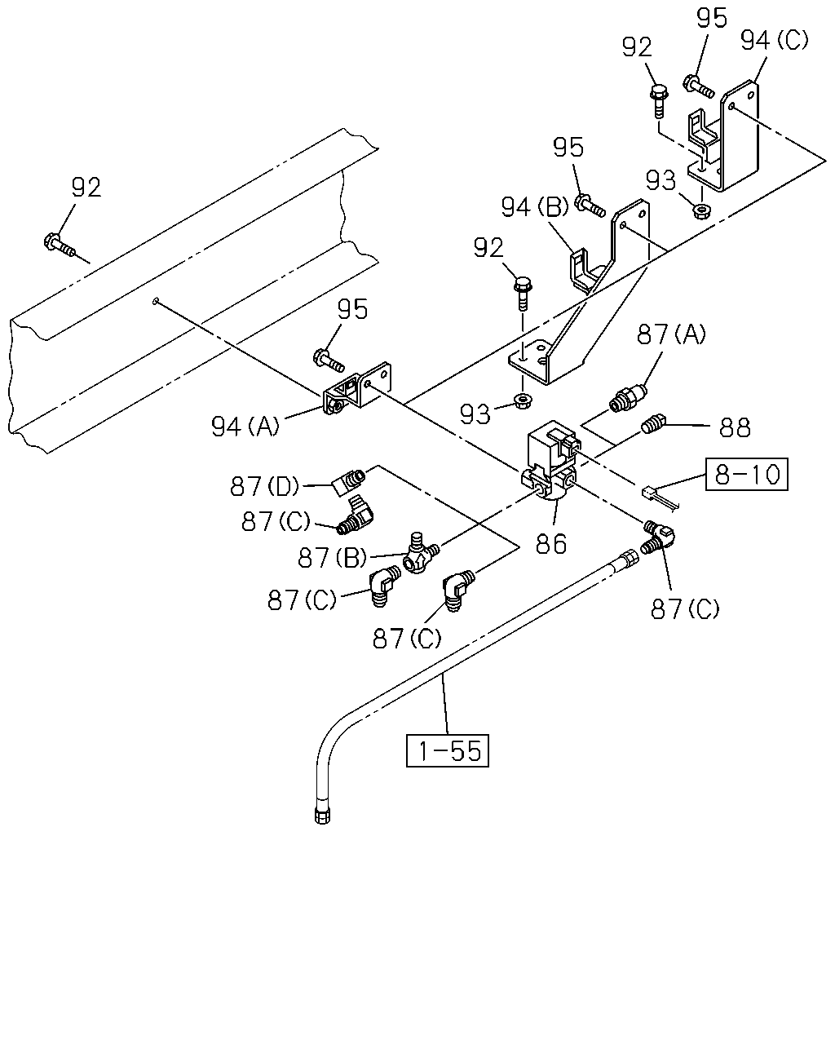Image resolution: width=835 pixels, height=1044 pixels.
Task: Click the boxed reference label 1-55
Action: (x=447, y=750)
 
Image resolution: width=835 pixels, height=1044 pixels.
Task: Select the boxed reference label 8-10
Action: (x=747, y=474)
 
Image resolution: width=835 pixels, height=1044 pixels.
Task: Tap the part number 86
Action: (x=551, y=543)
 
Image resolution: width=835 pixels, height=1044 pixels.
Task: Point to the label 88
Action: (x=735, y=427)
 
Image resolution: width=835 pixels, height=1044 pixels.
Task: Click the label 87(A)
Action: (x=671, y=334)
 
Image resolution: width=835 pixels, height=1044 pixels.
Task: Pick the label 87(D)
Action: (x=264, y=486)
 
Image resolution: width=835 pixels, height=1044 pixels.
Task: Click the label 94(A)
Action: (x=245, y=427)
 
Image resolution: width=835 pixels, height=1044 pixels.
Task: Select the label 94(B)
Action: (x=535, y=207)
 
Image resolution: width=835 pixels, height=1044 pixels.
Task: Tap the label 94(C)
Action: (x=775, y=40)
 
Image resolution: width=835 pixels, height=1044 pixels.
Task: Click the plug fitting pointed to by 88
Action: (x=653, y=424)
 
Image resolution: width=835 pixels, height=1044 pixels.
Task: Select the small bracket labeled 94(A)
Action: (x=358, y=388)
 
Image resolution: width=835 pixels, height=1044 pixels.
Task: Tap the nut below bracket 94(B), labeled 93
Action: (x=521, y=401)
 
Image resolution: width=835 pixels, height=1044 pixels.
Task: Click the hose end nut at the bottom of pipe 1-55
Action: (x=321, y=816)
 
